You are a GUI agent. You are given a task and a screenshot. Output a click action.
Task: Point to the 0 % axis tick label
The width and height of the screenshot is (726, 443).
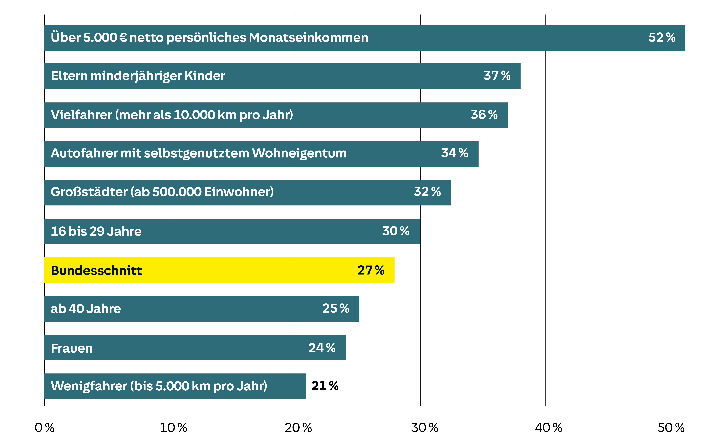(45, 428)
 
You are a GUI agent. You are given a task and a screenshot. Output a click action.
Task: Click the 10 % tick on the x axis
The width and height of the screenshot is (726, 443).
(173, 428)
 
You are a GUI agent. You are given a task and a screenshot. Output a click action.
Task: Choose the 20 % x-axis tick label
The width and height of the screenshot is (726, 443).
(298, 428)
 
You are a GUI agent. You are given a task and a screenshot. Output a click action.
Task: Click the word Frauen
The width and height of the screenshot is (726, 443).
(72, 348)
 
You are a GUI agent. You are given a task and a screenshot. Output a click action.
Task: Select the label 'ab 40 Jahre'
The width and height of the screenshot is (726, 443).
(86, 309)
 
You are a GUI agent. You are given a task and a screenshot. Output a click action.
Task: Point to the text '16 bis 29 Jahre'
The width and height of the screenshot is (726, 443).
(96, 231)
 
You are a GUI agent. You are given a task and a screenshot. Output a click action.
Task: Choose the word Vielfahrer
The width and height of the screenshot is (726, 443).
(81, 115)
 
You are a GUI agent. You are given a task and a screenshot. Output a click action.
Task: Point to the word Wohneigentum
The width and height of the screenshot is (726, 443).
(299, 154)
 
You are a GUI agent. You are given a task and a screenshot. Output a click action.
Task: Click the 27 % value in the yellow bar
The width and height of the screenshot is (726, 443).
(371, 270)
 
